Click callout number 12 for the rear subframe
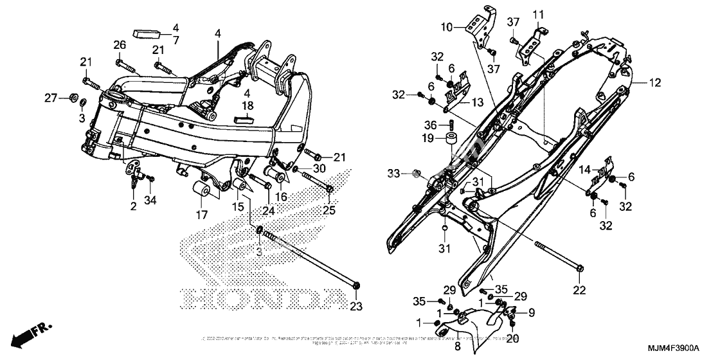point(654,83)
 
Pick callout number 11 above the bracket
point(537,14)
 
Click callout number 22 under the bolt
point(580,291)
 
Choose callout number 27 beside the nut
point(51,98)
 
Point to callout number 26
point(118,44)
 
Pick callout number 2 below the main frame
point(133,206)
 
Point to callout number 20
point(514,337)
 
